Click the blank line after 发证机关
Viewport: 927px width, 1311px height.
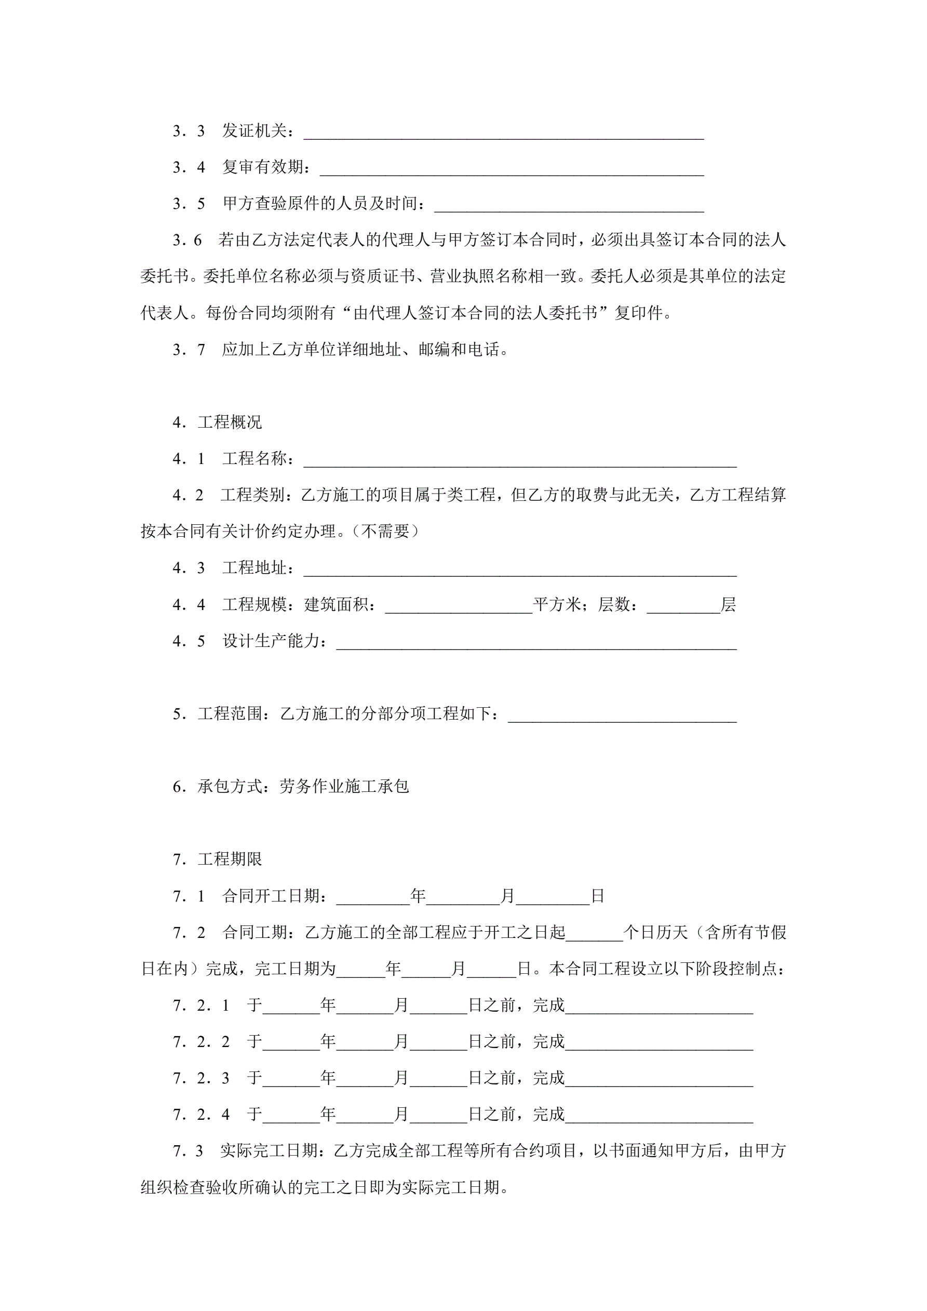(x=503, y=133)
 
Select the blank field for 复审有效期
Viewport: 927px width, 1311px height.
(x=512, y=169)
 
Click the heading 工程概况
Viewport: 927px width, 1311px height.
(x=230, y=422)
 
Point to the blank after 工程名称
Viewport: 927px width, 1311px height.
(x=519, y=460)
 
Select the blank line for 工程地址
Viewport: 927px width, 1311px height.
(x=519, y=570)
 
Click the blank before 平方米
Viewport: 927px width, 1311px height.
(x=459, y=606)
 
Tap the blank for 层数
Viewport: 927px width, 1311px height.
(x=683, y=606)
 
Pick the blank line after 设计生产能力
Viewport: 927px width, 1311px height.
(x=536, y=643)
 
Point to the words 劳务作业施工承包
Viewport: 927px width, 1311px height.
(x=344, y=787)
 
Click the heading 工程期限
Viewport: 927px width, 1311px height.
(x=230, y=859)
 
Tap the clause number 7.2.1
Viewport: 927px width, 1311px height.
(x=201, y=1005)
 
